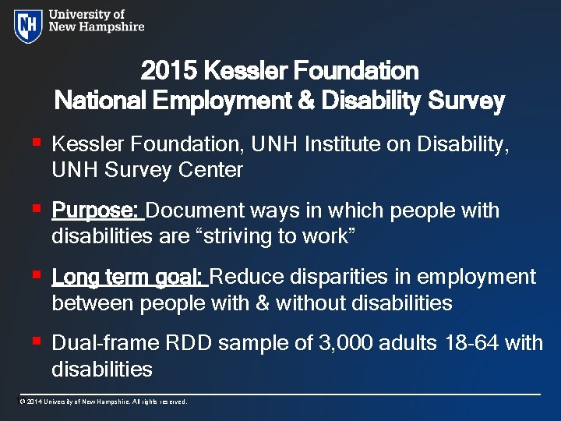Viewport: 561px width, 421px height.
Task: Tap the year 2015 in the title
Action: coord(168,72)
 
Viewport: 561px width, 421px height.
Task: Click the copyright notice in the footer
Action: coord(103,402)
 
